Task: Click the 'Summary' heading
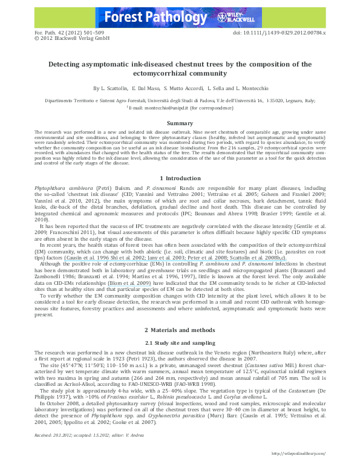click(x=180, y=123)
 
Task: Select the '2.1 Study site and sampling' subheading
click(x=180, y=343)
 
